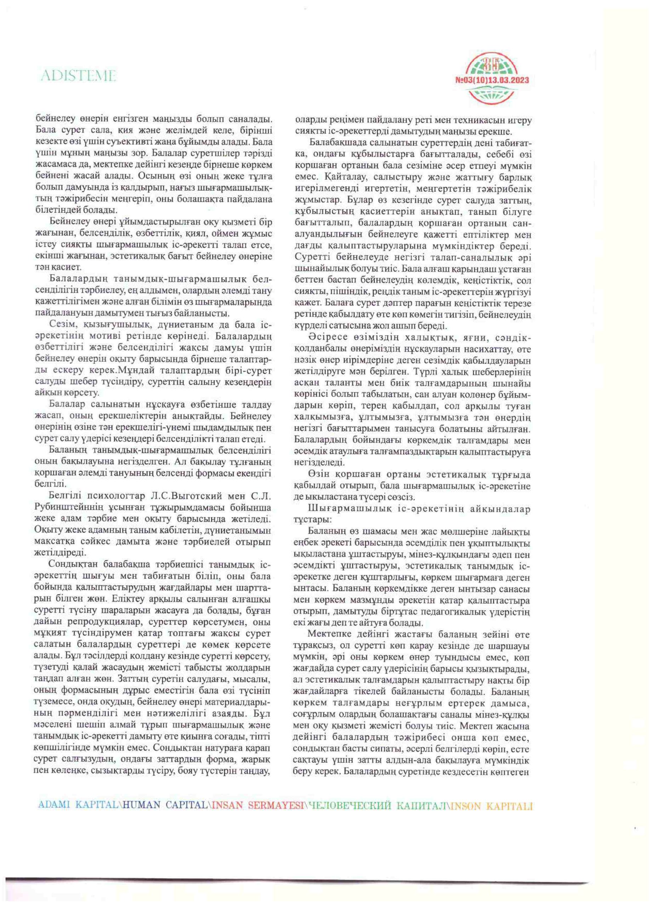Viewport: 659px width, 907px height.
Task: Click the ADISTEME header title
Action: coord(78,75)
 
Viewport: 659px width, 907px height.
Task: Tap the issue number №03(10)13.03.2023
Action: coord(492,80)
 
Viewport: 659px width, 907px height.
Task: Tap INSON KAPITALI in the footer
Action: coord(493,805)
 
